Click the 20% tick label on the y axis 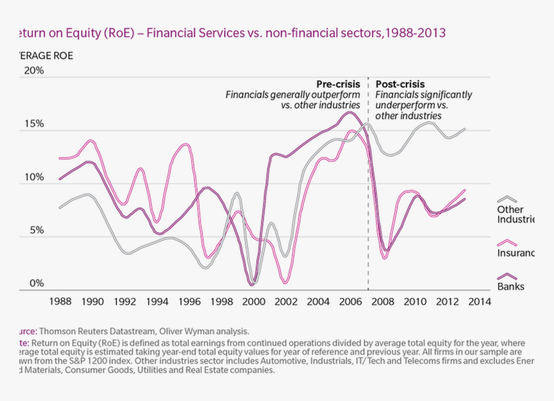[33, 71]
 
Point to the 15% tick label [33, 124]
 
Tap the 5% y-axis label [35, 230]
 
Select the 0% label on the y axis [35, 283]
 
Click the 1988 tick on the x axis [61, 301]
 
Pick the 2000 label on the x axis [254, 301]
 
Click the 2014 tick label [480, 301]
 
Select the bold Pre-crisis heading [338, 84]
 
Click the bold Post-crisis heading [400, 84]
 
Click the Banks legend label [511, 286]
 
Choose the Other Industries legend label [515, 214]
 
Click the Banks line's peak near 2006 [350, 113]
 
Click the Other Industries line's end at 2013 [464, 129]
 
